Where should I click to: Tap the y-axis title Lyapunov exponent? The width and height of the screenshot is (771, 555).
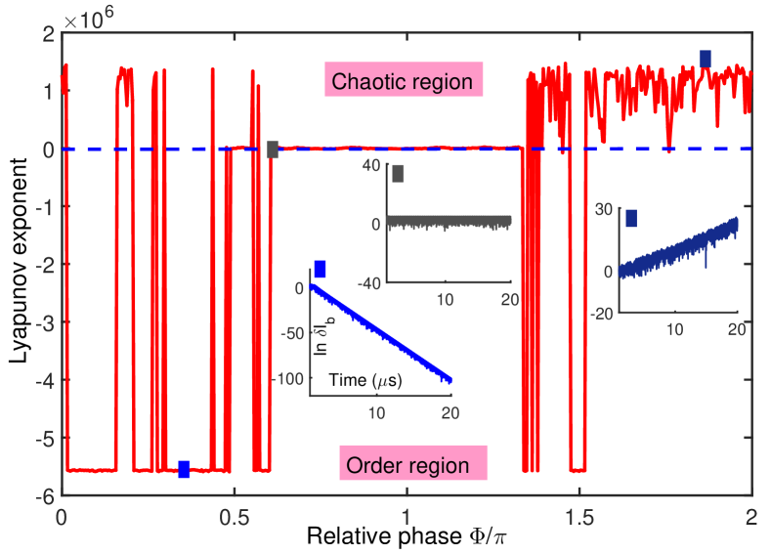[x=21, y=264]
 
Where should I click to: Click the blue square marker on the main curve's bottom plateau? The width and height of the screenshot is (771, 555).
[x=184, y=469]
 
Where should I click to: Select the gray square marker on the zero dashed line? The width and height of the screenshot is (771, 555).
[x=273, y=149]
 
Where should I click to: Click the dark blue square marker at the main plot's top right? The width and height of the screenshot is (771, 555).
[x=706, y=59]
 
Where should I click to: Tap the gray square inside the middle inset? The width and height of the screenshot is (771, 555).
[x=398, y=174]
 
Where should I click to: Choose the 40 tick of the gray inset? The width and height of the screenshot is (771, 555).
[x=372, y=167]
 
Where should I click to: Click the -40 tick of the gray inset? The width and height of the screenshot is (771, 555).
[x=368, y=283]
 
